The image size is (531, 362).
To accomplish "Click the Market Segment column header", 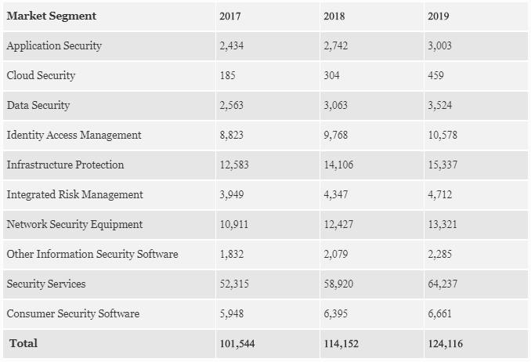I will click(51, 16).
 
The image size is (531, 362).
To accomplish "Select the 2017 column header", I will click(231, 16).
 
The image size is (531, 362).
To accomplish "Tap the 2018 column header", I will click(334, 16).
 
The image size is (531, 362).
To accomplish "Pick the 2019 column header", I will click(439, 16).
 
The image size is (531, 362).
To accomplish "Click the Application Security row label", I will click(54, 45).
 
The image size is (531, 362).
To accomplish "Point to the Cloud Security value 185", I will click(228, 75).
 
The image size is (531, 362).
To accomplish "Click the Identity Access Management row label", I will click(74, 135).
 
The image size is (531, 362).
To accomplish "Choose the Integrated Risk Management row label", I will click(74, 194).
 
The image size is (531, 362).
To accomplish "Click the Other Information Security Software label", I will click(92, 254).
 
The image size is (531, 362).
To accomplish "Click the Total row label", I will click(23, 343).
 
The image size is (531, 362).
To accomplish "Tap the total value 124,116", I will click(446, 343).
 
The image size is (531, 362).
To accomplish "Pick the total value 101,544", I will click(237, 343).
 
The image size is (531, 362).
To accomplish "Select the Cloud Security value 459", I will click(436, 75).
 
